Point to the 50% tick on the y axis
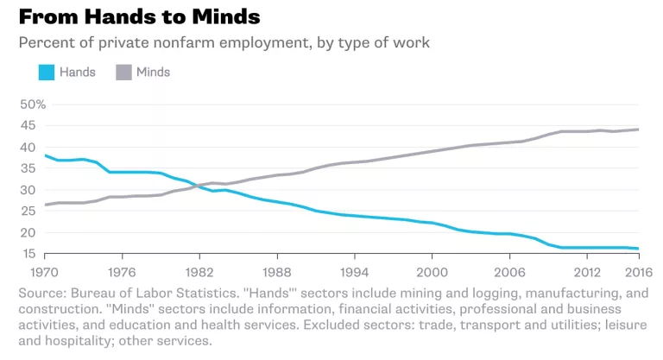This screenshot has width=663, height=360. click(32, 104)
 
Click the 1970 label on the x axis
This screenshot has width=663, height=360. click(45, 272)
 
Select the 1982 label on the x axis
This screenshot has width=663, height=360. click(199, 272)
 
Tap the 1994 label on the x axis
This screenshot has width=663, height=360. click(353, 272)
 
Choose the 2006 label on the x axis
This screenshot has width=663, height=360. click(508, 272)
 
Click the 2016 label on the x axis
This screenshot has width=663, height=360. click(636, 272)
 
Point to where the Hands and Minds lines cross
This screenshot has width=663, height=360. click(196, 185)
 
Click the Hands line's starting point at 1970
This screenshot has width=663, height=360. click(45, 155)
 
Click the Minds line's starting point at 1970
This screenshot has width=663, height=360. click(45, 205)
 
